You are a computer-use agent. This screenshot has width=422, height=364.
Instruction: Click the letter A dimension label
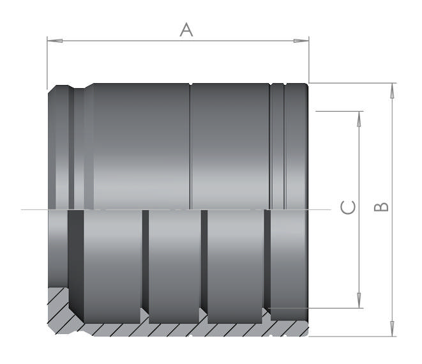[186, 29]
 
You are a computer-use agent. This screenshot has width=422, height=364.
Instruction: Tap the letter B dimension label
[381, 207]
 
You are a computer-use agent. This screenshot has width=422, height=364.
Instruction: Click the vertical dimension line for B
[392, 160]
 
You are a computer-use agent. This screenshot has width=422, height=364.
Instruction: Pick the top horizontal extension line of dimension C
[338, 111]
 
